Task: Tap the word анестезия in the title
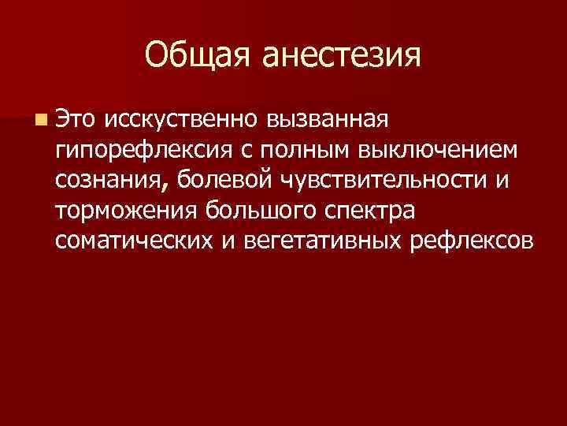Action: click(x=341, y=55)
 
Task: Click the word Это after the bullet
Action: click(x=76, y=118)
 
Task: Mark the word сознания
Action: click(x=109, y=180)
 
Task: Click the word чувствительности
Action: click(x=384, y=180)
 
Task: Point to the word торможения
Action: click(x=126, y=211)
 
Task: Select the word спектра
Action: click(x=369, y=211)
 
